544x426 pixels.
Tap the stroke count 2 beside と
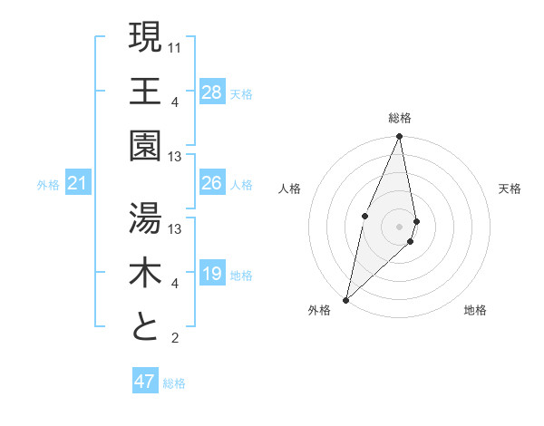click(x=174, y=339)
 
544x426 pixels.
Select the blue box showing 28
click(x=211, y=92)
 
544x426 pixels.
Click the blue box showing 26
click(x=211, y=183)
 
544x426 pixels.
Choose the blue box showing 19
click(x=211, y=274)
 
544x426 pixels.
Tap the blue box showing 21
click(x=78, y=184)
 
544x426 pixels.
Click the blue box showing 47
click(x=145, y=382)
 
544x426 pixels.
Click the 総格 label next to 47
click(x=174, y=383)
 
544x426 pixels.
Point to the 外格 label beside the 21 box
click(x=48, y=185)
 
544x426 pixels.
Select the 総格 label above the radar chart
click(x=399, y=118)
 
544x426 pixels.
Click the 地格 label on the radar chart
click(x=475, y=311)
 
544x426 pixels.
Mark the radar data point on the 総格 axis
click(x=399, y=137)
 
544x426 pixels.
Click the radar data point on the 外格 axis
click(x=345, y=299)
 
